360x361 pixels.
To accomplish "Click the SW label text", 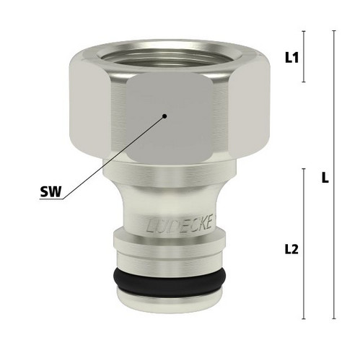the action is coord(51,192).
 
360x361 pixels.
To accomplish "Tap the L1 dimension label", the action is coord(291,58).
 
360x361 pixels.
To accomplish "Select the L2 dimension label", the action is coord(291,249).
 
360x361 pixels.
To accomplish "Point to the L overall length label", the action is coord(325,178).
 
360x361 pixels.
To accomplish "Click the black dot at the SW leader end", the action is coord(164,116).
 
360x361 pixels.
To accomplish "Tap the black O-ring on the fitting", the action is coord(170,280).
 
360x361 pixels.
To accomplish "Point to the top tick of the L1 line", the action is coord(304,31).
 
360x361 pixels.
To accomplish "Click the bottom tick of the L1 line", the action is coord(304,82).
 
